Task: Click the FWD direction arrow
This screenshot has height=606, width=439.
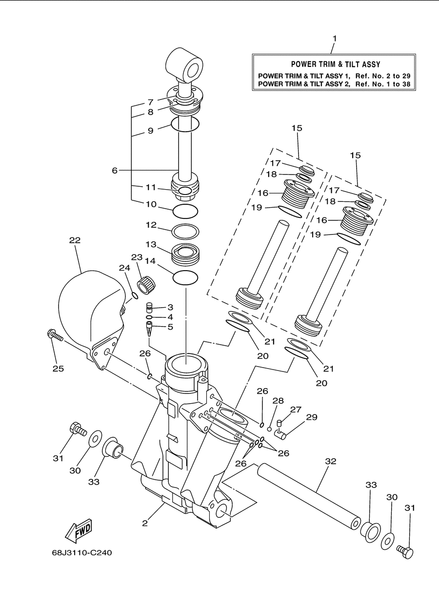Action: click(79, 530)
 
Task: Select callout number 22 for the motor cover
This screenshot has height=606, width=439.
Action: click(75, 240)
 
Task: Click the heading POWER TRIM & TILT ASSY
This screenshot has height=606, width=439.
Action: click(336, 64)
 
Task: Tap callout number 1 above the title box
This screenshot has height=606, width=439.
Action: click(335, 39)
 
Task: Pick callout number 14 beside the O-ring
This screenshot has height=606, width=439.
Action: click(150, 261)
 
